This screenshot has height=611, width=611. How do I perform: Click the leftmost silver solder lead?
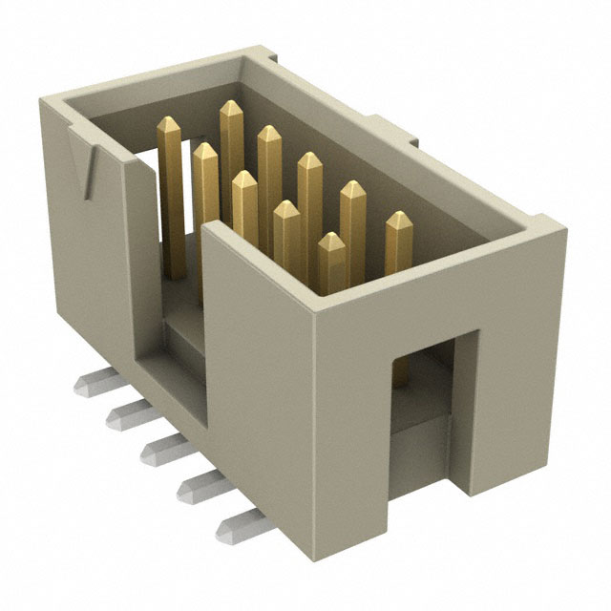89,384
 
